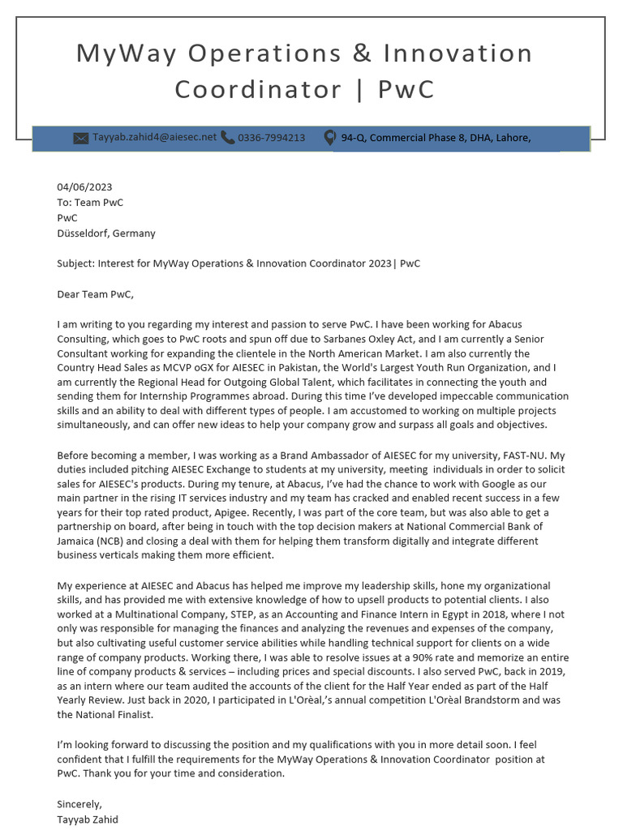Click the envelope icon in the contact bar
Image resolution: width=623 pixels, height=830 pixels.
click(x=80, y=139)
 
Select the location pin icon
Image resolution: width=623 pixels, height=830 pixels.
click(x=329, y=139)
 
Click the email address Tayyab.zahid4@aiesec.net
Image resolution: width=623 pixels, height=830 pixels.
click(x=154, y=138)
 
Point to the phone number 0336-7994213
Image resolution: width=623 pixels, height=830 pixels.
click(x=272, y=138)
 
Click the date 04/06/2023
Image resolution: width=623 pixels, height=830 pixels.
click(x=84, y=187)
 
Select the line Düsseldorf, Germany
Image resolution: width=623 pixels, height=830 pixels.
click(x=106, y=233)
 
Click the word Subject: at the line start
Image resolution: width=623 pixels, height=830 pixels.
click(x=75, y=264)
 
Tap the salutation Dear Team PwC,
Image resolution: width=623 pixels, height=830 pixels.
click(x=95, y=294)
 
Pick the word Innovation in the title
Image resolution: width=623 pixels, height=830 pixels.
click(x=458, y=53)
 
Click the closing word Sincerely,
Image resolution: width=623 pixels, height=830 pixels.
click(x=79, y=805)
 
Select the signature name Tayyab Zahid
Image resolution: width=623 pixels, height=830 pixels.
click(x=88, y=819)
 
